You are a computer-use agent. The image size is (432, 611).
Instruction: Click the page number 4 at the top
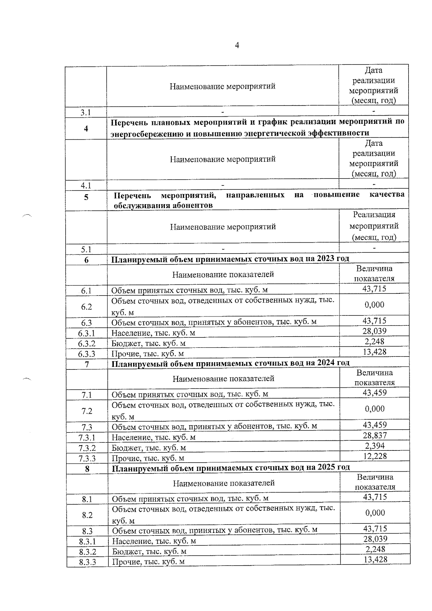[x=237, y=45]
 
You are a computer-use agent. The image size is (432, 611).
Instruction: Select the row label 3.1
[x=85, y=113]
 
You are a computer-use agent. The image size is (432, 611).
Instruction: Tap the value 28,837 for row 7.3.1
[x=375, y=436]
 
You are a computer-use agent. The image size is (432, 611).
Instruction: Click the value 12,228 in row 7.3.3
[x=375, y=456]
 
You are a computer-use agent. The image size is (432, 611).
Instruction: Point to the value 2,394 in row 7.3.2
[x=375, y=446]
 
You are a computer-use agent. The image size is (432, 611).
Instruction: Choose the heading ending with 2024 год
[x=230, y=363]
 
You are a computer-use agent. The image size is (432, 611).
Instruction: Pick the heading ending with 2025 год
[x=231, y=468]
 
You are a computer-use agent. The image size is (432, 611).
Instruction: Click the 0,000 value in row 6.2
[x=374, y=305]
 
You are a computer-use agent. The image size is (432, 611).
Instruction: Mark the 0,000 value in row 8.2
[x=375, y=513]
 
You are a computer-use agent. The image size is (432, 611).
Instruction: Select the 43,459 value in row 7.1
[x=375, y=393]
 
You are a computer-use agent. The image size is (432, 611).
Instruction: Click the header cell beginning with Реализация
[x=374, y=226]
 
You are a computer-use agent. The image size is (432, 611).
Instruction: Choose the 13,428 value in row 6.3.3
[x=374, y=352]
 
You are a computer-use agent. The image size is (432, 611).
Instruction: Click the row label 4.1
[x=86, y=186]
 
